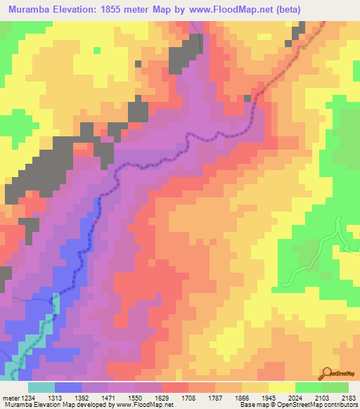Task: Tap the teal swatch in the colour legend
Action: click(41, 387)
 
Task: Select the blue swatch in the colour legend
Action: click(68, 387)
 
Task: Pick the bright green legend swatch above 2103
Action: click(308, 387)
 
